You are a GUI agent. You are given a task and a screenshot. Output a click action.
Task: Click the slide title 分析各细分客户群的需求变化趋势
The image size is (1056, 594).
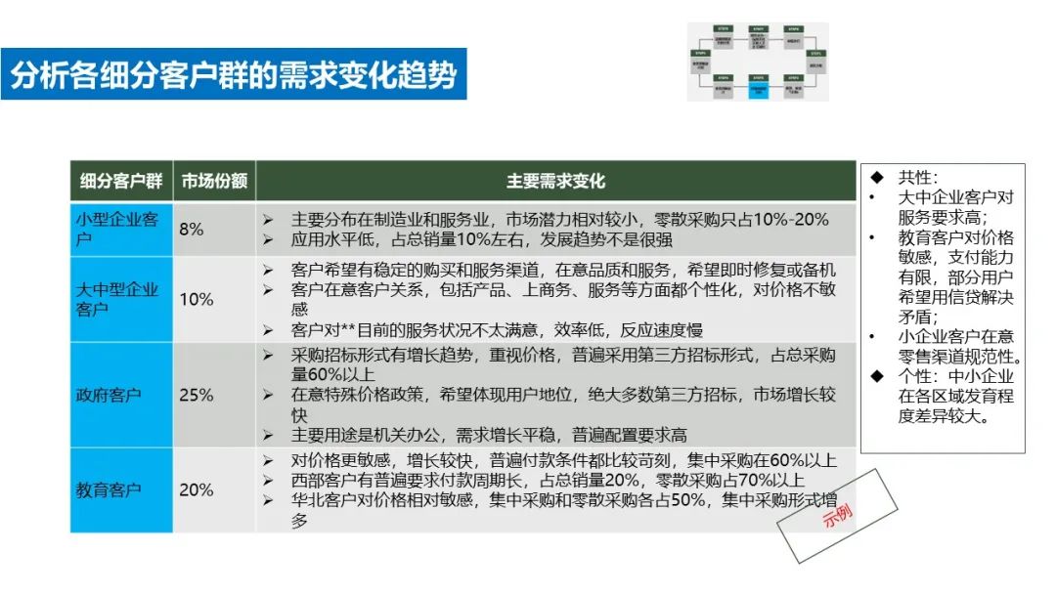point(234,74)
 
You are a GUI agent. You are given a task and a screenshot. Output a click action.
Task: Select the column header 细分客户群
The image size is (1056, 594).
point(121,181)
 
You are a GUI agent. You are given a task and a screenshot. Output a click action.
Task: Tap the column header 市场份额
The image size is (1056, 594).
point(214,181)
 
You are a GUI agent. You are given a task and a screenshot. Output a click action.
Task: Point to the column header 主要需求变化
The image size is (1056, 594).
point(555,181)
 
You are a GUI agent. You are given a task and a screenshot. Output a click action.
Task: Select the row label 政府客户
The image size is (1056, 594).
point(109,396)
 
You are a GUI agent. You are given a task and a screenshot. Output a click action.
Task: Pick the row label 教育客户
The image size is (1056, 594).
point(109,489)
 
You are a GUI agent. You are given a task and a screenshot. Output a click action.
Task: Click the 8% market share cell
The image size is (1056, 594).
point(192,230)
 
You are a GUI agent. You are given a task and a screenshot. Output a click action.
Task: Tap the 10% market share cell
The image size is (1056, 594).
point(196,299)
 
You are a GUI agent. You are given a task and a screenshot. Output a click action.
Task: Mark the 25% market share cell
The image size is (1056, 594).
point(196,396)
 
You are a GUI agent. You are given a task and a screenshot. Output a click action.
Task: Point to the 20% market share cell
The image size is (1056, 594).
point(196,489)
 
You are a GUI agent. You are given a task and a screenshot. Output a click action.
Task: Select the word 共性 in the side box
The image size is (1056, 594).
point(917,178)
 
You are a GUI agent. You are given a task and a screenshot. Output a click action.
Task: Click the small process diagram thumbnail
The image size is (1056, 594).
point(757,62)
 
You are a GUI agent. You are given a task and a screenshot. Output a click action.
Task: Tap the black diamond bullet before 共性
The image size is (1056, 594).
point(877,178)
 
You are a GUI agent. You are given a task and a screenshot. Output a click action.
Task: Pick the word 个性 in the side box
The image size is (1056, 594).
point(917,376)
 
